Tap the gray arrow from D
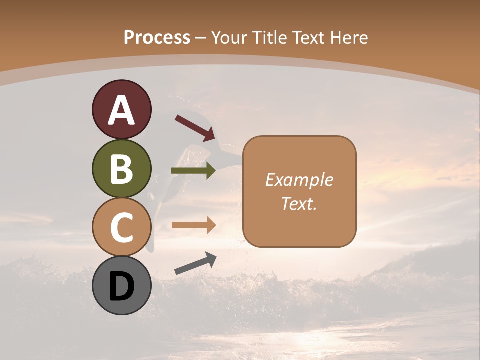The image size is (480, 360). tap(195, 263)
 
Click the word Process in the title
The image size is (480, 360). tap(157, 37)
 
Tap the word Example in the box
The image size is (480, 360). tap(299, 180)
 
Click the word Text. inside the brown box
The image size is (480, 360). tap(299, 203)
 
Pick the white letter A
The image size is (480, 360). tap(121, 111)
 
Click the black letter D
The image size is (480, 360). tap(121, 287)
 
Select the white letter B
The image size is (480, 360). tap(121, 169)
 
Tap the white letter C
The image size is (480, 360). tap(121, 228)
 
